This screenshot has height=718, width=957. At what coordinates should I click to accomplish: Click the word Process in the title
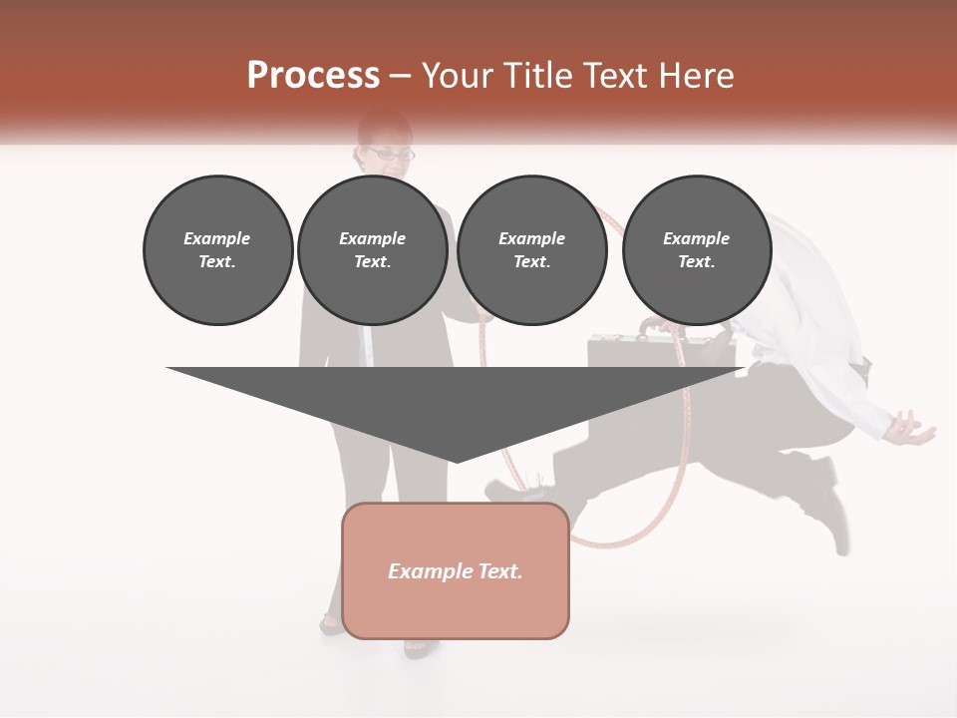point(313,76)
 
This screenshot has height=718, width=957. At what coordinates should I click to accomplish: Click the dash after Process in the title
point(401,77)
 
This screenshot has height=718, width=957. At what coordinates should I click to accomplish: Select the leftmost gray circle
point(217,249)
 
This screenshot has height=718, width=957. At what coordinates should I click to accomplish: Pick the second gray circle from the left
point(372,249)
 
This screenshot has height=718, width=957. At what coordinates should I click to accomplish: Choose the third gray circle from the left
point(531,249)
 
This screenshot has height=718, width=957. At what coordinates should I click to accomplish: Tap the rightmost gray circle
point(696,249)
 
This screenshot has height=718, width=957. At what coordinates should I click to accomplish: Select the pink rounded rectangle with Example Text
point(456,570)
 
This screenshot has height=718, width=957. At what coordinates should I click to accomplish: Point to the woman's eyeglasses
point(390,155)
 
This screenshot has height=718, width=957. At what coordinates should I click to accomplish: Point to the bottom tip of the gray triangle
point(456,461)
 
